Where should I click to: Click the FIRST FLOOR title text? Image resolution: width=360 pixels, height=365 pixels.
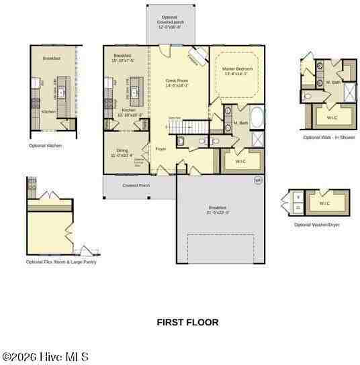coord(187,322)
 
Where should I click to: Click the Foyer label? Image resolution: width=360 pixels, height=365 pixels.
coord(161,149)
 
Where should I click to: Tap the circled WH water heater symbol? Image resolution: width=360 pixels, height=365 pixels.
coord(257,180)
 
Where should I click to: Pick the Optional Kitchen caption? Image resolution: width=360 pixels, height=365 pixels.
coord(45,145)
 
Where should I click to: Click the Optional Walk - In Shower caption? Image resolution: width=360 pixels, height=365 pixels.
coord(329,138)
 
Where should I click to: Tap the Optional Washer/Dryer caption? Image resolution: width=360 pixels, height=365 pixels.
coord(316,225)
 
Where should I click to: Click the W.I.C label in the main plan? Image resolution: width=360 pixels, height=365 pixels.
coord(240,162)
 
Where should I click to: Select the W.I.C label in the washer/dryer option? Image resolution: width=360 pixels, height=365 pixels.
coord(324,203)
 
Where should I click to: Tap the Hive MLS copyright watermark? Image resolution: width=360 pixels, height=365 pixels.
coord(44,357)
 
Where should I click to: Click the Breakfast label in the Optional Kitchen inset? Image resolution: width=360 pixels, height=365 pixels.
coord(52,59)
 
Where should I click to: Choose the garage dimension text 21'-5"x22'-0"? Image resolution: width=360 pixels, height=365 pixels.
coord(219,211)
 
